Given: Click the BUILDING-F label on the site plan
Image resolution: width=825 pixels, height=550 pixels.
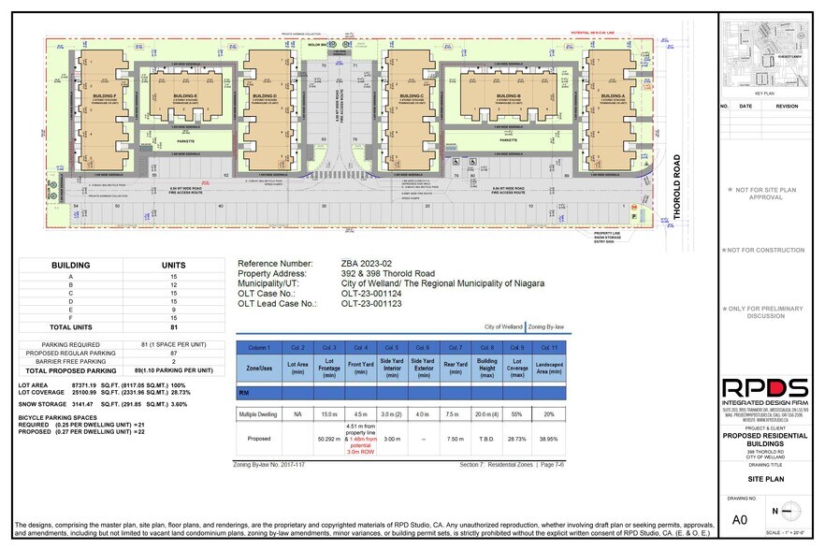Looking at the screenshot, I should [x=106, y=96].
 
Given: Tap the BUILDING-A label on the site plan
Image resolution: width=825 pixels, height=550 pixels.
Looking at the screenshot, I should [x=613, y=96].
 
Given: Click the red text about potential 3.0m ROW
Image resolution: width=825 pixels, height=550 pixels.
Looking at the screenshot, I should [x=360, y=447].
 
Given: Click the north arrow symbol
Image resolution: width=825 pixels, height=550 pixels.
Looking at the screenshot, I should [x=793, y=511].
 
